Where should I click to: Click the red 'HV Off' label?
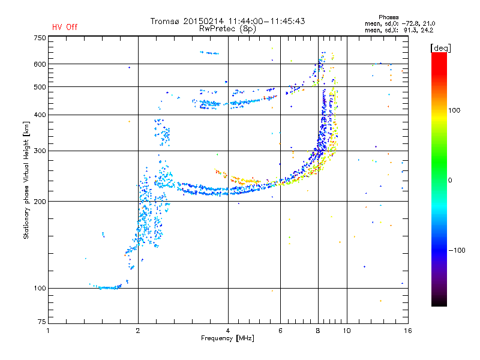[x=65, y=27]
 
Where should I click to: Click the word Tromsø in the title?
[x=164, y=21]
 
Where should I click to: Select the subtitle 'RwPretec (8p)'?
[x=227, y=29]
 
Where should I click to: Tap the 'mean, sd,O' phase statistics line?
[x=400, y=23]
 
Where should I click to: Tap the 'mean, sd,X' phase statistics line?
[x=399, y=30]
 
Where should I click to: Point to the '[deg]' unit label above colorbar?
[x=440, y=48]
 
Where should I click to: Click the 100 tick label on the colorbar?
[x=454, y=110]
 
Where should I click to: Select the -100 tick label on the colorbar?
[x=457, y=250]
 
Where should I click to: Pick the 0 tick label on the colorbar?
[x=450, y=181]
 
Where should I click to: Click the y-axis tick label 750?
[x=40, y=38]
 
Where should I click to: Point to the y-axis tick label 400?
[x=40, y=115]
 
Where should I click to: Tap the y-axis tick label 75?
[x=42, y=322]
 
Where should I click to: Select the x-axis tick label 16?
[x=408, y=331]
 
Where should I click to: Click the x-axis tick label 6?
[x=280, y=331]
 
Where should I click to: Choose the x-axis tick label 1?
[x=48, y=331]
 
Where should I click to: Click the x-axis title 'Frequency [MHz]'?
[x=227, y=338]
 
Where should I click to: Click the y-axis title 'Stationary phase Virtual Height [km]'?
[x=26, y=180]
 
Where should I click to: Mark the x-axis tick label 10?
[x=347, y=331]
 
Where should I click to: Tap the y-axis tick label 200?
[x=40, y=201]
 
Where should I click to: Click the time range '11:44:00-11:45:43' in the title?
[x=266, y=21]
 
